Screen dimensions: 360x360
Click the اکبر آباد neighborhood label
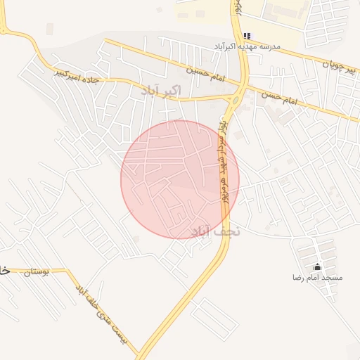click(161, 91)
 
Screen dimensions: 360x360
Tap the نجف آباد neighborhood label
click(216, 231)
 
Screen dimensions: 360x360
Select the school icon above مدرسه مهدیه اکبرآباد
click(247, 36)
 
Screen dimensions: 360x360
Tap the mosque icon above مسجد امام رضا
click(317, 266)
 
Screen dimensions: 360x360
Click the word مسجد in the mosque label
click(333, 278)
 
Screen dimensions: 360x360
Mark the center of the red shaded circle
click(180, 179)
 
